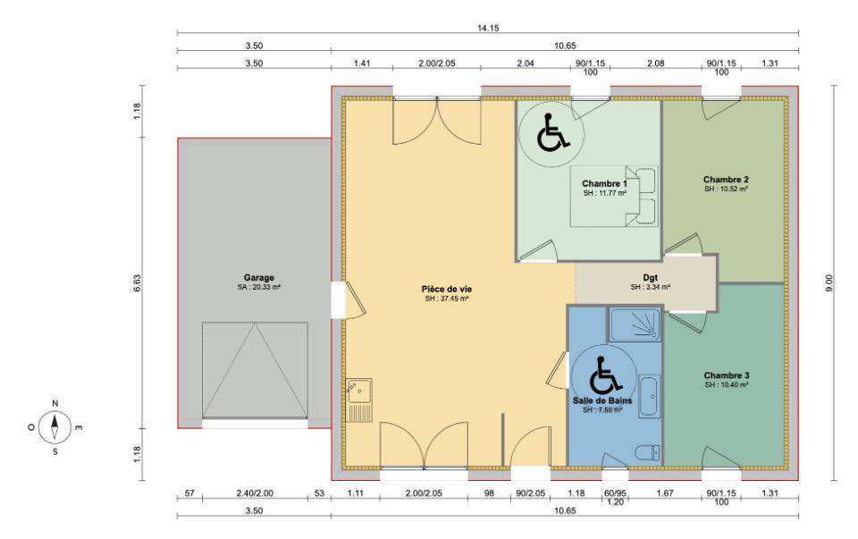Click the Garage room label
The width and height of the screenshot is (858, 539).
(259, 277)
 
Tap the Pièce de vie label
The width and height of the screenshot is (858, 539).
(447, 289)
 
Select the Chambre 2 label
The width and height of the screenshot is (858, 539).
(726, 180)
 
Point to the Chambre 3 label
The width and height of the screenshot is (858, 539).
(726, 375)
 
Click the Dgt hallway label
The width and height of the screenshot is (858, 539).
(650, 277)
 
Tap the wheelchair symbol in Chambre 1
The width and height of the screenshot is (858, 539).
(552, 132)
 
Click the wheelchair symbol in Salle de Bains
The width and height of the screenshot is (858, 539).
(605, 375)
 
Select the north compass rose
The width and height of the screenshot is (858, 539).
(55, 427)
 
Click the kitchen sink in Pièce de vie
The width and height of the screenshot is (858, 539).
(359, 400)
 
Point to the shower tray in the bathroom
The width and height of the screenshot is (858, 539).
(635, 325)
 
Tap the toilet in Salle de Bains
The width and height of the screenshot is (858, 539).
(647, 452)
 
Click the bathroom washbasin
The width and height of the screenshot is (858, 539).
(650, 396)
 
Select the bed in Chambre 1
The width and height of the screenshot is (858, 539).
(614, 197)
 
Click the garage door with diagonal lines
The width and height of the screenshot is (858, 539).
(255, 370)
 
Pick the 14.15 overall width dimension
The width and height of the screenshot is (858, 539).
(488, 28)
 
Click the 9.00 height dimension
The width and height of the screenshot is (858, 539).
(830, 282)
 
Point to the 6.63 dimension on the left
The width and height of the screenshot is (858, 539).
(137, 282)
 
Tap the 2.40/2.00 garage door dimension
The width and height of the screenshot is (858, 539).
(255, 493)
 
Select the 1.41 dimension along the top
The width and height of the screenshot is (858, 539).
(362, 63)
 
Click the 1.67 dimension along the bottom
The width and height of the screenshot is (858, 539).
(665, 493)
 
